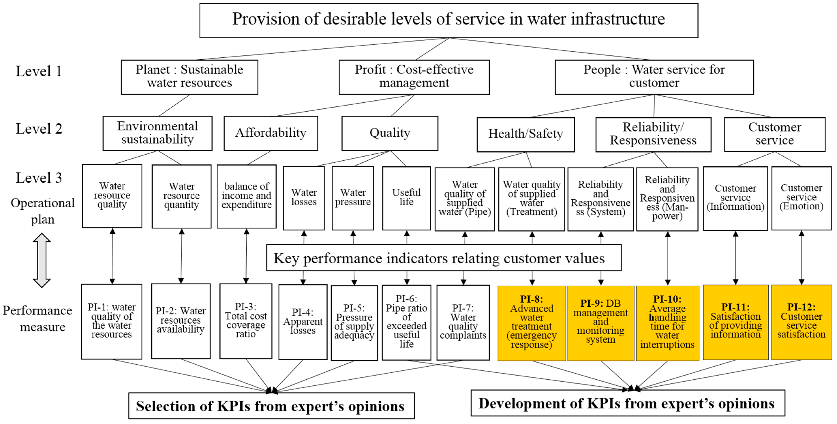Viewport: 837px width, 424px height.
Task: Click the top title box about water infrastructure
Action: (x=448, y=20)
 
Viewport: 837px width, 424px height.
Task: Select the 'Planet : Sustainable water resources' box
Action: (x=189, y=77)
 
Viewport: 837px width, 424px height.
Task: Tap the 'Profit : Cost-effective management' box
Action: (x=414, y=77)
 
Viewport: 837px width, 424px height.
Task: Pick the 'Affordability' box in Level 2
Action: (x=271, y=133)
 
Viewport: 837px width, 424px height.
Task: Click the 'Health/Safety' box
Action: (x=525, y=134)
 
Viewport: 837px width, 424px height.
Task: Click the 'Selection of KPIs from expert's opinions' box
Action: (x=271, y=406)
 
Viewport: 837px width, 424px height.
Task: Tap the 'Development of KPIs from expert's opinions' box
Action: (x=627, y=403)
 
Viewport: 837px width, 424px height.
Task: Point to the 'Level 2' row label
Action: (x=39, y=129)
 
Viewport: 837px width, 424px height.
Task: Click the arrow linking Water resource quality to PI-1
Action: (x=112, y=256)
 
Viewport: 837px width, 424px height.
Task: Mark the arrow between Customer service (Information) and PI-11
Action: (x=736, y=258)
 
